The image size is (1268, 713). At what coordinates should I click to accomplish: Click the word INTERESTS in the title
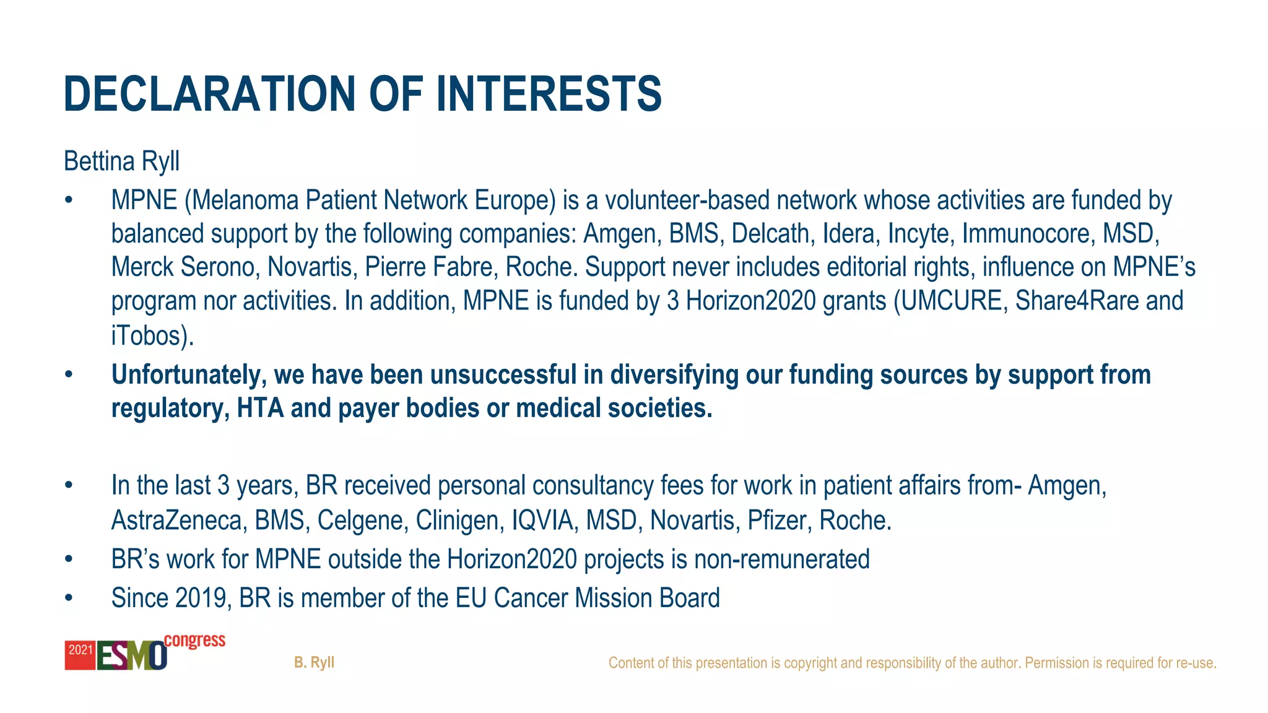(549, 94)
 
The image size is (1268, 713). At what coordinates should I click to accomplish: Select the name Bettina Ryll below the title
(122, 162)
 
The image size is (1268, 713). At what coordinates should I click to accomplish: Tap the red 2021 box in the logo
(80, 655)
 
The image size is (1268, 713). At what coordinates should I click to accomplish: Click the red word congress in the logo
(194, 641)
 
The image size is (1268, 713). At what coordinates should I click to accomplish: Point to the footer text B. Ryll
(314, 662)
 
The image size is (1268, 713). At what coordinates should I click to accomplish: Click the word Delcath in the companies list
(770, 234)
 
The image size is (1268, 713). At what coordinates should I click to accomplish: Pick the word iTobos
(149, 335)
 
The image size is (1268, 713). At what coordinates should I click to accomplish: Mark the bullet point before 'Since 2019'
(69, 598)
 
